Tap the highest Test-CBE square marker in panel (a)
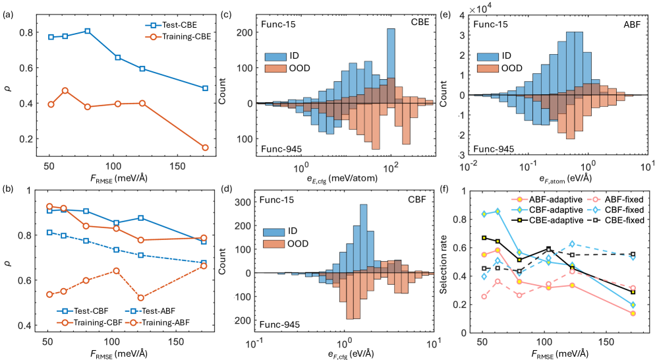pos(88,31)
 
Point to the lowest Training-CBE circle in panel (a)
pos(205,148)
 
